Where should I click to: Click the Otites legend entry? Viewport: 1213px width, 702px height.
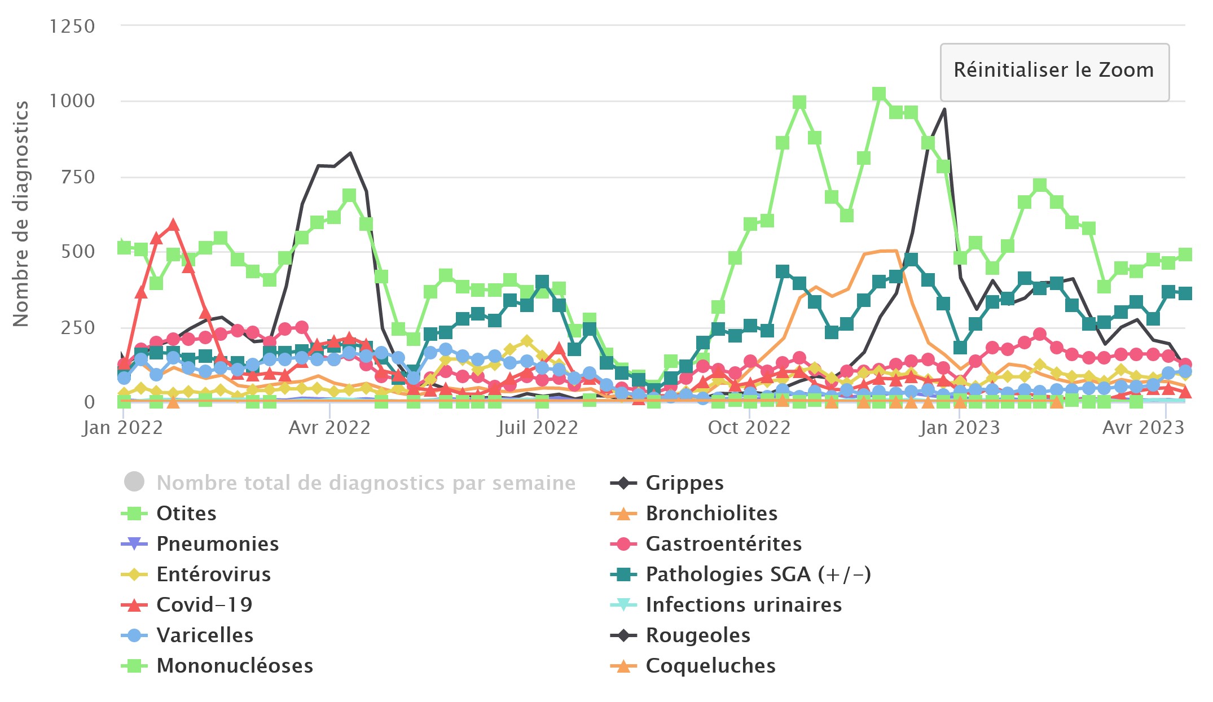click(186, 514)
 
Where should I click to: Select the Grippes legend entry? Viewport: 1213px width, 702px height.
click(684, 483)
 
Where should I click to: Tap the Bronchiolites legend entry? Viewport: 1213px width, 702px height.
click(711, 514)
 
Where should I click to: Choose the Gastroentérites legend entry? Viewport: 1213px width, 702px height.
click(723, 544)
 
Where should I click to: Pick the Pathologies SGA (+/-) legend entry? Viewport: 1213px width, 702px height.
click(758, 574)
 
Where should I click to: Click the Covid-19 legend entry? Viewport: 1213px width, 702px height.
click(204, 605)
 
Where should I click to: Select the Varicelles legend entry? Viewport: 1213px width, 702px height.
click(204, 635)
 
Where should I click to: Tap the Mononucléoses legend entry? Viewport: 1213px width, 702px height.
click(234, 666)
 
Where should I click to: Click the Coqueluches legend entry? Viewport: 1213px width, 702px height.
click(710, 666)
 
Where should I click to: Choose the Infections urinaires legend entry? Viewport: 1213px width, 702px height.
click(743, 605)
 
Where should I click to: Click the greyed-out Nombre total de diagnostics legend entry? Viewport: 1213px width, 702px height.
click(366, 483)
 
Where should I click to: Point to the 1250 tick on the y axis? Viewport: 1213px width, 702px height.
click(72, 27)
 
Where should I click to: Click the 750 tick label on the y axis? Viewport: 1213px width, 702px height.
click(78, 177)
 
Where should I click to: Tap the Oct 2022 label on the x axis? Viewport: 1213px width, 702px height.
click(749, 428)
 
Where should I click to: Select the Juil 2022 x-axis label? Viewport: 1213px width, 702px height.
click(538, 428)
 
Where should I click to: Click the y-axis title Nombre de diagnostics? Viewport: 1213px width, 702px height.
click(21, 214)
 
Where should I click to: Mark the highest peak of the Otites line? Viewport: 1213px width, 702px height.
click(878, 94)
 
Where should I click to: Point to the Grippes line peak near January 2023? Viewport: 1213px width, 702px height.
click(944, 109)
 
